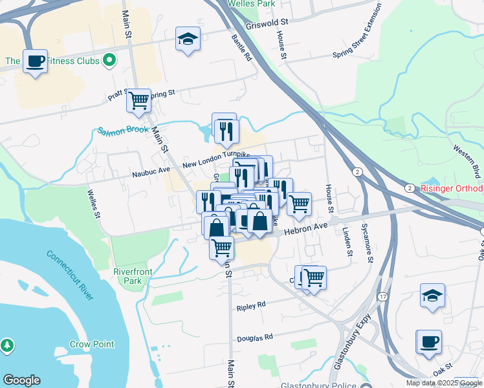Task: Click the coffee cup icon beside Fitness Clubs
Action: click(35, 61)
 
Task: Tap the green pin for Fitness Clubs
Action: click(109, 61)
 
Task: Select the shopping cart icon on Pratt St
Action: click(138, 100)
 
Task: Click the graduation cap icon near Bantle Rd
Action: click(188, 39)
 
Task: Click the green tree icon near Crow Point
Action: click(8, 346)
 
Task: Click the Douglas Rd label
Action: click(255, 337)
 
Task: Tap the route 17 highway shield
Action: click(382, 297)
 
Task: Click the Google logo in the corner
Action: click(21, 380)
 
